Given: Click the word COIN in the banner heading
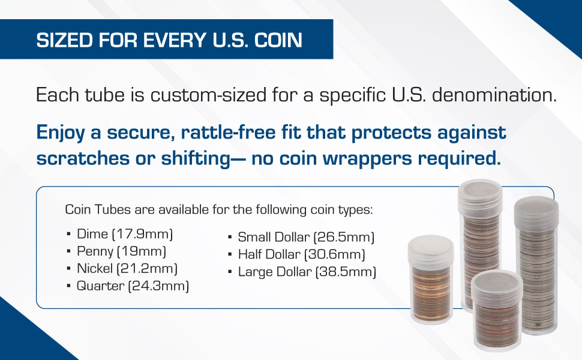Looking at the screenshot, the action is click(x=278, y=40).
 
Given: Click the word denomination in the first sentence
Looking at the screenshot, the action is click(x=494, y=95).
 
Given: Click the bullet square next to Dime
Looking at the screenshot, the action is click(x=68, y=235).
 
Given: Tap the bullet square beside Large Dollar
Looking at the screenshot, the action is click(x=230, y=272).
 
